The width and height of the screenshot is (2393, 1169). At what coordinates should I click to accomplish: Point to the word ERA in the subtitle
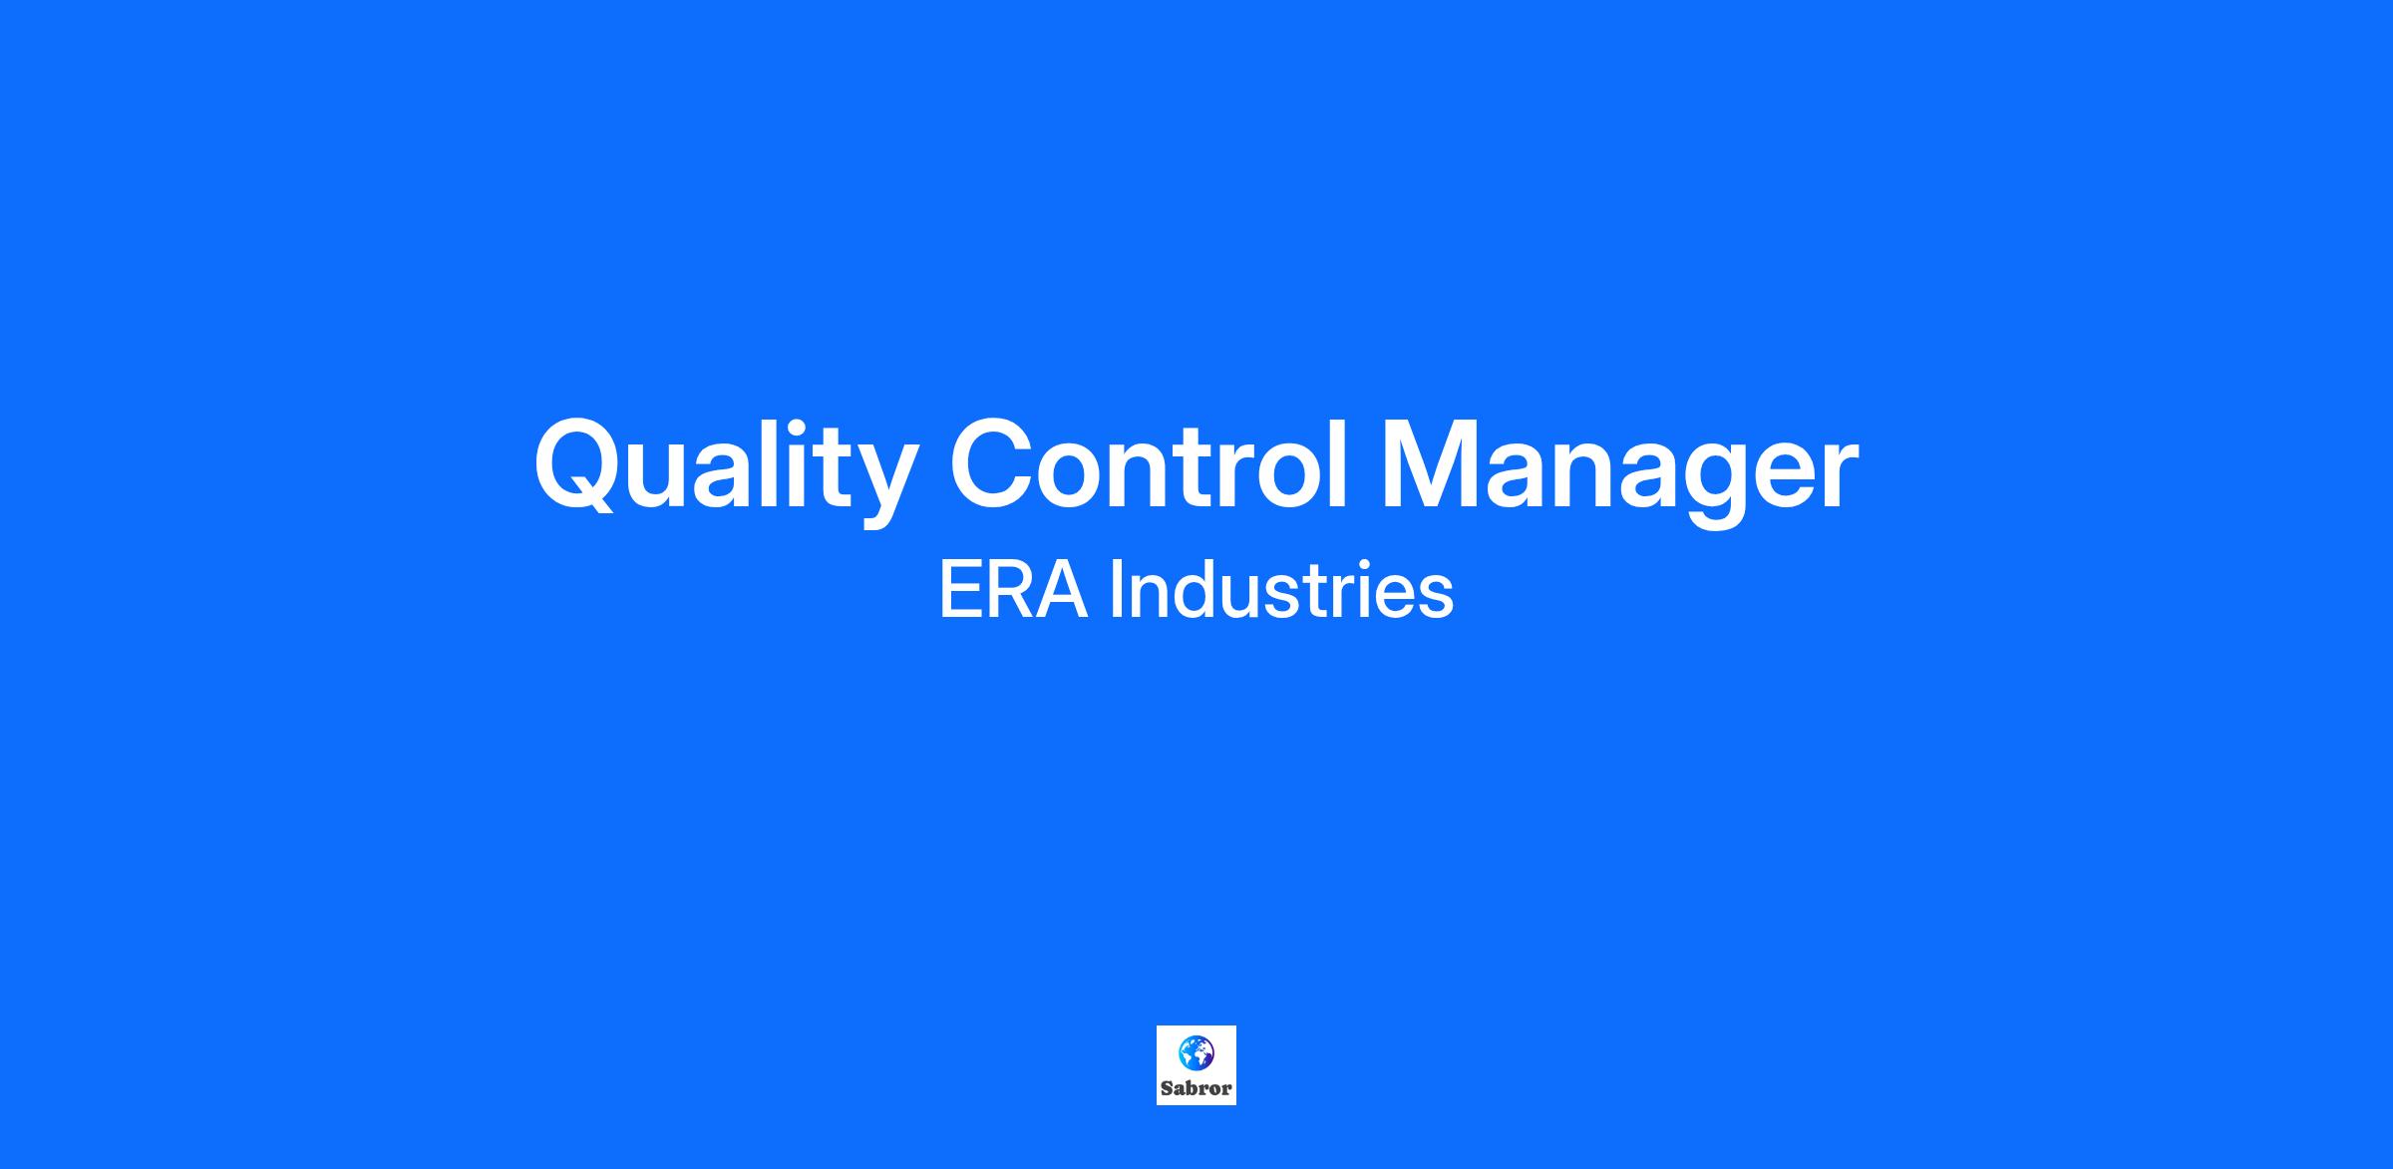(1012, 591)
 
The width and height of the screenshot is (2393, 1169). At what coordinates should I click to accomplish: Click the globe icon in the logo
(1196, 1052)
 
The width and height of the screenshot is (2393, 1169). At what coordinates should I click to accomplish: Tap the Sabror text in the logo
(1196, 1088)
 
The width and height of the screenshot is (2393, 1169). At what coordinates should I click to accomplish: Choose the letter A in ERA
(1059, 591)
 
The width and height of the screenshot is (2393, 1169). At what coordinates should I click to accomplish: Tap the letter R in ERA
(1008, 591)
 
